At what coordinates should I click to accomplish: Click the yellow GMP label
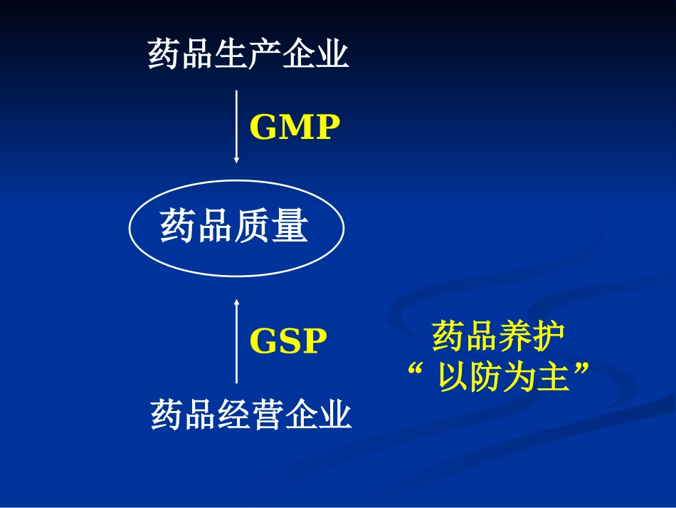(295, 128)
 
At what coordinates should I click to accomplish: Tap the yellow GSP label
(288, 342)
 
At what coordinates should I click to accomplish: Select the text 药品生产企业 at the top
(248, 54)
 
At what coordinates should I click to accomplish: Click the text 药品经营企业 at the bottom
(251, 415)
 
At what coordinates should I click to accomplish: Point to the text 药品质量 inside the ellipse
(234, 227)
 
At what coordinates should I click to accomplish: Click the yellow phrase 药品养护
(498, 337)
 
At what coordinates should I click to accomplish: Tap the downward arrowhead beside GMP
(237, 160)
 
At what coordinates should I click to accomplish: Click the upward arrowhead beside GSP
(237, 302)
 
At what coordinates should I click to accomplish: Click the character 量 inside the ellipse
(290, 227)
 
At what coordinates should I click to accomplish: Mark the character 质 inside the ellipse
(253, 227)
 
